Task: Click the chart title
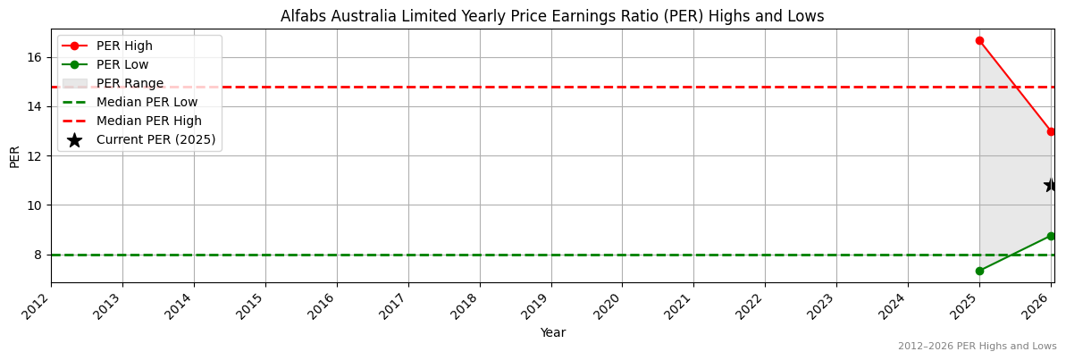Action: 552,16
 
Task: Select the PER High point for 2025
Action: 979,40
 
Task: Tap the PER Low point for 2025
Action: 979,271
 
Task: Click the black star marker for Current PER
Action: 1051,185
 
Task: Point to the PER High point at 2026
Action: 1051,131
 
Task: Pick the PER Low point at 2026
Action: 1051,236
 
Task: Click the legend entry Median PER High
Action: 148,121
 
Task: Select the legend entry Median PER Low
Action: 147,102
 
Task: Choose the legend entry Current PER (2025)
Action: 155,139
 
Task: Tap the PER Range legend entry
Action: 130,83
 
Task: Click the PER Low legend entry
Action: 122,64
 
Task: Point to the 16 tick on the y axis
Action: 35,57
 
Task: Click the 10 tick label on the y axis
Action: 35,205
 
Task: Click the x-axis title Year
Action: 552,332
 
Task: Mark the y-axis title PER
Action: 14,156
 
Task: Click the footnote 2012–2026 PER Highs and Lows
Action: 977,346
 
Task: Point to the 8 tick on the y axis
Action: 38,255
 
